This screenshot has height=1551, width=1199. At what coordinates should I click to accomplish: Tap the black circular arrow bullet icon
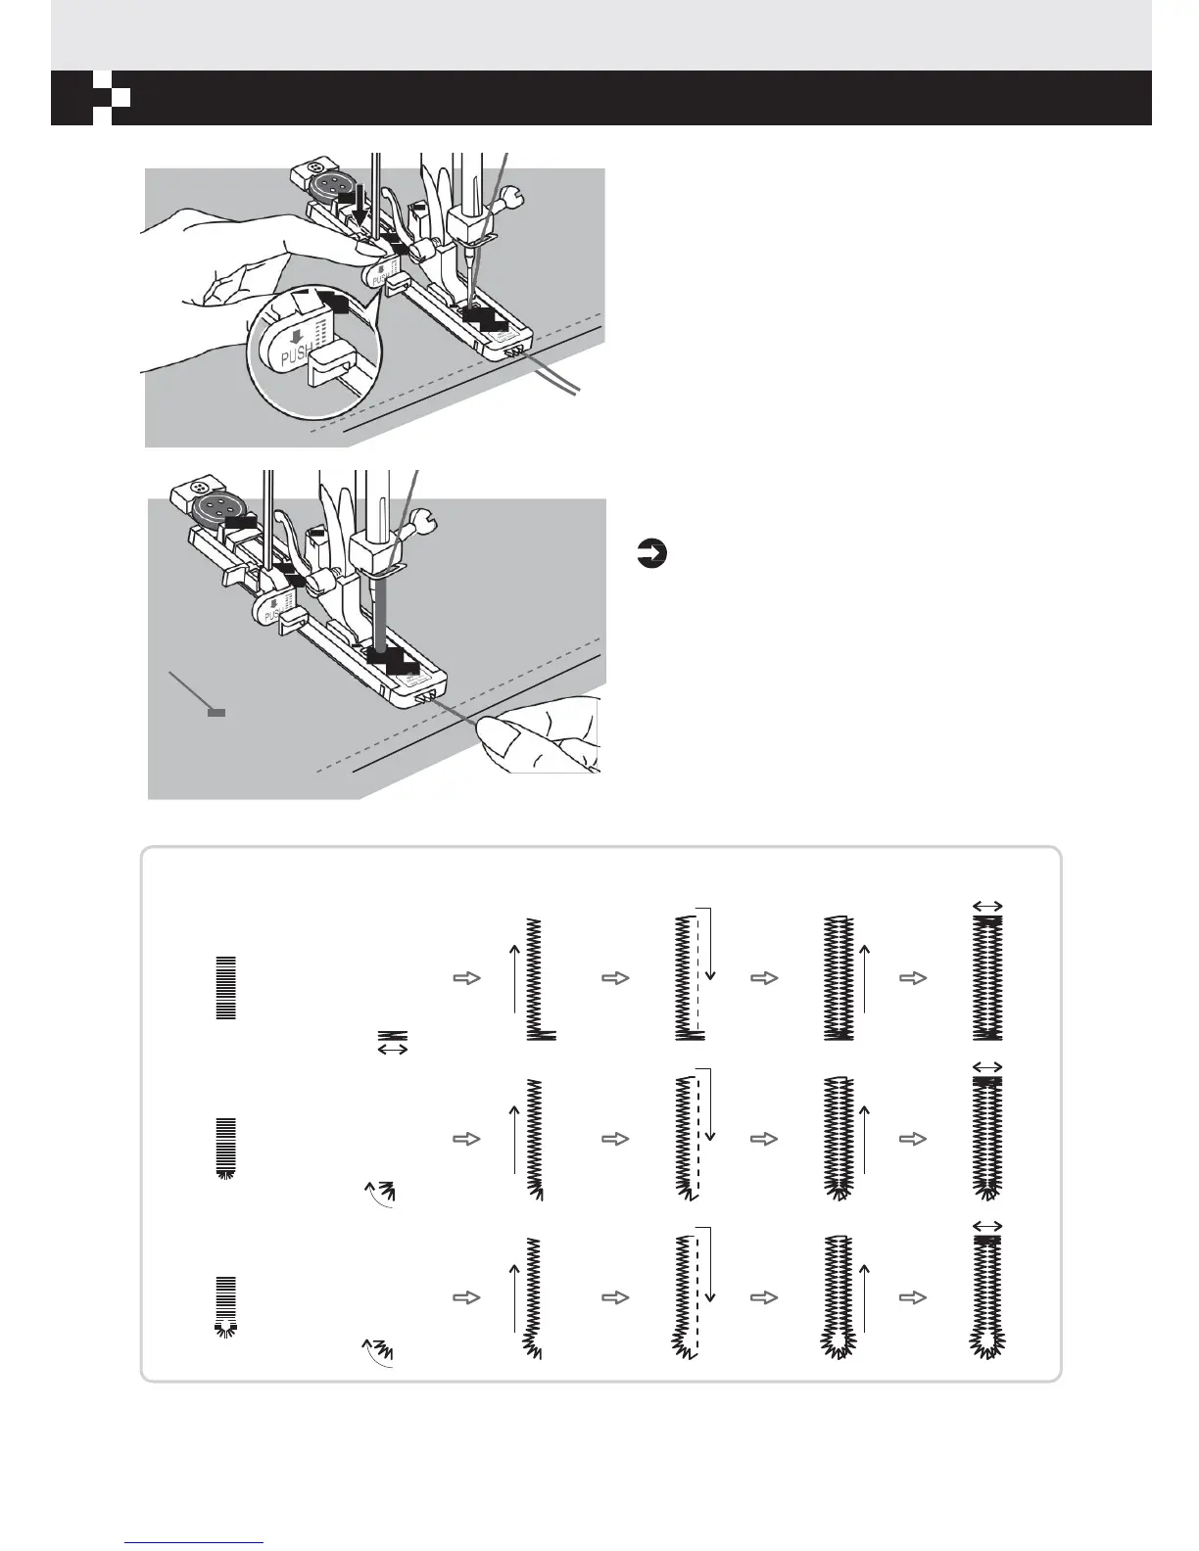pos(649,555)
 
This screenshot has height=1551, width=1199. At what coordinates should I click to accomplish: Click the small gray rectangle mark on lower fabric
pos(217,712)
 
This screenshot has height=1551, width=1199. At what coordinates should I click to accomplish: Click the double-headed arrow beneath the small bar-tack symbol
pos(393,1050)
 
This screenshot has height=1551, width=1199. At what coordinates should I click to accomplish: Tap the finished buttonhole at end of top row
pos(987,979)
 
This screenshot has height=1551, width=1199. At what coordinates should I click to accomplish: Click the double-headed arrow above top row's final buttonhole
pos(987,907)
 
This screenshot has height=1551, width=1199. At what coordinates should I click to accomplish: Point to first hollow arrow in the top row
pos(469,977)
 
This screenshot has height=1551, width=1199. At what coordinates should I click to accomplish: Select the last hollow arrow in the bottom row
pos(912,1297)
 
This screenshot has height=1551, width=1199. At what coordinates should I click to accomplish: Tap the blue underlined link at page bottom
pos(195,1542)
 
